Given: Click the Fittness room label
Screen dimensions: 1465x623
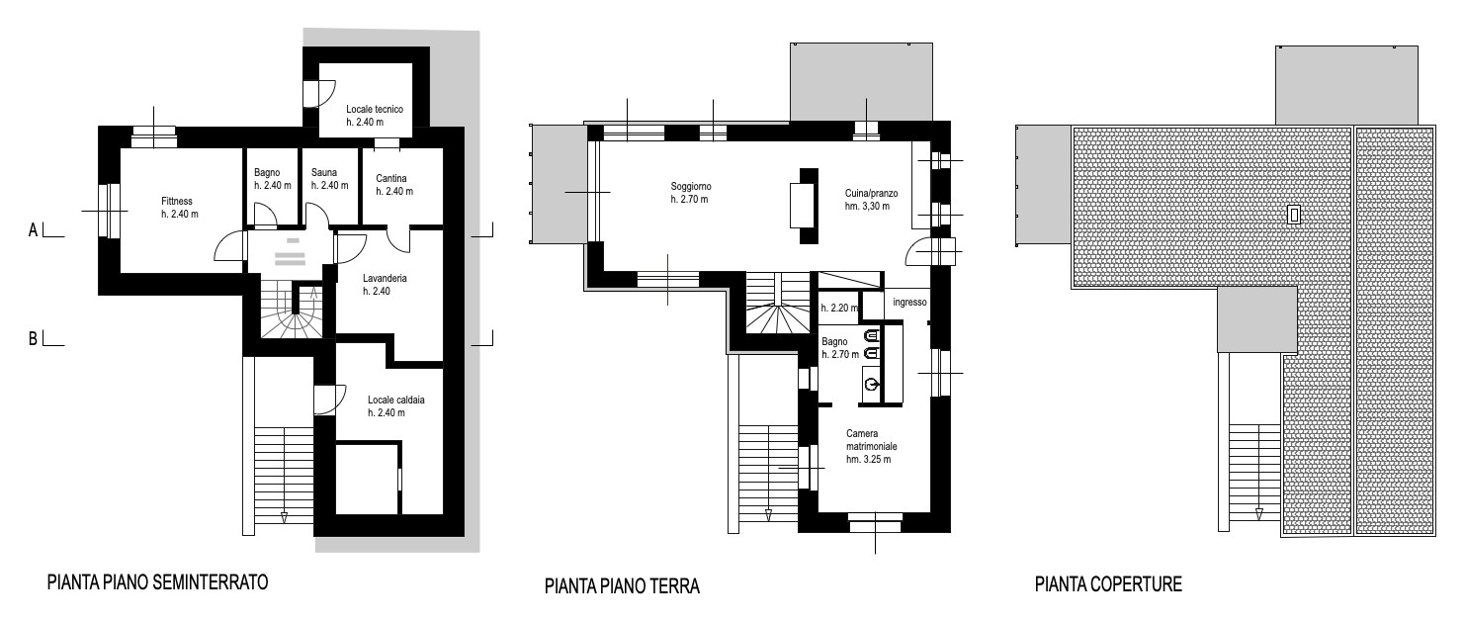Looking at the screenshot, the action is click(x=177, y=202).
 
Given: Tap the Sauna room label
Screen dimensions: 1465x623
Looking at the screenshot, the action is click(x=323, y=173).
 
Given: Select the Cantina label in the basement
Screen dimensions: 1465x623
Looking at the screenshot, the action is click(x=391, y=178).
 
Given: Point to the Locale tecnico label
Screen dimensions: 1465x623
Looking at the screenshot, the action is click(x=375, y=110).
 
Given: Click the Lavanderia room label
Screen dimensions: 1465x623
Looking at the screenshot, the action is click(x=385, y=278).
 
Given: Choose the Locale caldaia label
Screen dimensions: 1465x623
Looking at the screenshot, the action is click(x=395, y=400).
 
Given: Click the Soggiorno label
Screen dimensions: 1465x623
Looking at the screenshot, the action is click(x=691, y=187).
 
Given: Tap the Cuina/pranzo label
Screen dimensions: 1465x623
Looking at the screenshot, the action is click(x=871, y=194).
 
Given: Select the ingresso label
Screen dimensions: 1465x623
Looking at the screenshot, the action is click(x=909, y=303).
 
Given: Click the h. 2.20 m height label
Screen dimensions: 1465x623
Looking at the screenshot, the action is click(x=839, y=308).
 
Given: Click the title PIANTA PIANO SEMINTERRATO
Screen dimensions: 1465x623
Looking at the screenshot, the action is click(x=157, y=582).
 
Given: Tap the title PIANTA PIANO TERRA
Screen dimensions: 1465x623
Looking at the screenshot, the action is click(x=622, y=585).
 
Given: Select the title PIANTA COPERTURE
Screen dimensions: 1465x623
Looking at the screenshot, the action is click(x=1108, y=583).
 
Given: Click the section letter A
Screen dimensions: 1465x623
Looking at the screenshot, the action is click(x=33, y=230).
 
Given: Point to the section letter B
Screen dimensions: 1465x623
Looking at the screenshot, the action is click(x=33, y=339).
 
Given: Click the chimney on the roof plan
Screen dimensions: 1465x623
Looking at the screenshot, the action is click(x=1293, y=215).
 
